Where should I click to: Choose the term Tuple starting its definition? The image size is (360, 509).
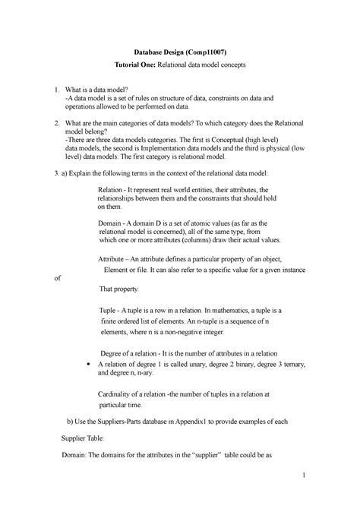pyautogui.click(x=110, y=311)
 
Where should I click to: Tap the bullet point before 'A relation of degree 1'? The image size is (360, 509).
pyautogui.click(x=90, y=364)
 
